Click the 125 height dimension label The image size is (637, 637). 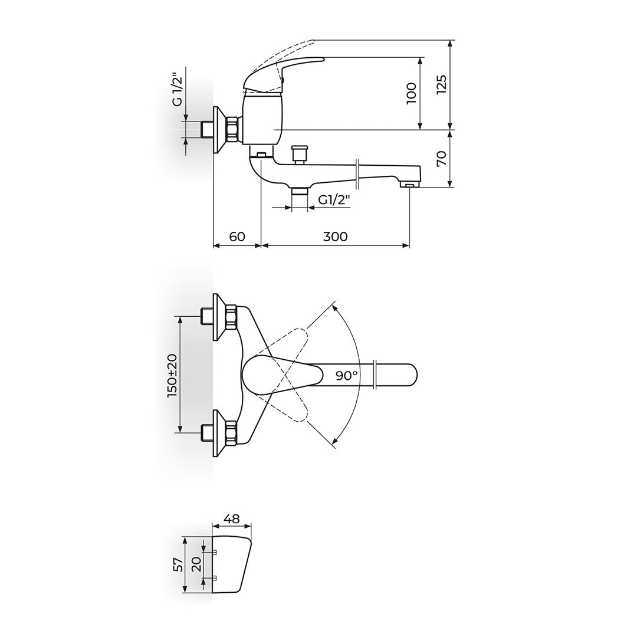pyautogui.click(x=442, y=84)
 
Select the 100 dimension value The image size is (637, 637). pyautogui.click(x=411, y=93)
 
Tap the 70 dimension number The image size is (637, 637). pyautogui.click(x=442, y=158)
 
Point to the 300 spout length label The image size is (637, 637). pyautogui.click(x=336, y=236)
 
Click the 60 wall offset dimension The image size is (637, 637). pyautogui.click(x=237, y=236)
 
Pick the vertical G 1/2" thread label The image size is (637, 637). pyautogui.click(x=177, y=90)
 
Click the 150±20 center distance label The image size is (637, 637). pyautogui.click(x=172, y=375)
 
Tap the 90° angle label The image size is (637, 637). pyautogui.click(x=347, y=375)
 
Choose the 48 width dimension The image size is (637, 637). pyautogui.click(x=232, y=519)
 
